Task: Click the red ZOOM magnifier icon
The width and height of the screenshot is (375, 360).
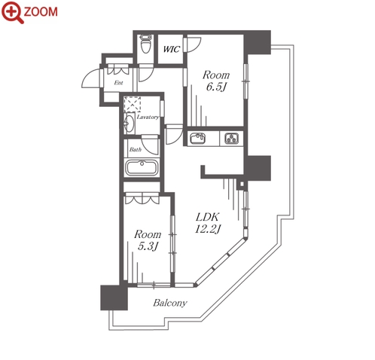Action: tap(12, 12)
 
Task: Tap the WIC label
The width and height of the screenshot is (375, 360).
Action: tap(172, 49)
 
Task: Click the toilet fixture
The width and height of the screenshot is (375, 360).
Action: tap(145, 44)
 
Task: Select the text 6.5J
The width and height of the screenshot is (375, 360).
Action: tap(216, 87)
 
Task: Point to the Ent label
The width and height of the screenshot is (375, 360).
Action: tap(118, 83)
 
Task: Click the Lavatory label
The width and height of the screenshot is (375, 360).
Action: tap(148, 117)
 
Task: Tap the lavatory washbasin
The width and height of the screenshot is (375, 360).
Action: tap(129, 123)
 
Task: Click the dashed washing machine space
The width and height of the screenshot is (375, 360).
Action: tap(133, 104)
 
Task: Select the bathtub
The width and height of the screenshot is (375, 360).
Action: tap(142, 167)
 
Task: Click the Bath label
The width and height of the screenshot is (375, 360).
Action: tap(136, 150)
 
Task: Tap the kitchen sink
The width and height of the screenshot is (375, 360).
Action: tap(198, 138)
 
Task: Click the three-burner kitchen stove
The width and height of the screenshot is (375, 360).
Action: tap(232, 138)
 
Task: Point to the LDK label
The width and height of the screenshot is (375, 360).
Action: tap(208, 217)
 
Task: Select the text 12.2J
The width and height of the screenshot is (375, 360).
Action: tap(208, 229)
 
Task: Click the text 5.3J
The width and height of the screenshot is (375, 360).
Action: tap(148, 246)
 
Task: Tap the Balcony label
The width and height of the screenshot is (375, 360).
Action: tap(170, 303)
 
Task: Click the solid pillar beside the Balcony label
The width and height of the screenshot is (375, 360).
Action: tap(114, 297)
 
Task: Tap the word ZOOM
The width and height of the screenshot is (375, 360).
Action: tap(41, 12)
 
